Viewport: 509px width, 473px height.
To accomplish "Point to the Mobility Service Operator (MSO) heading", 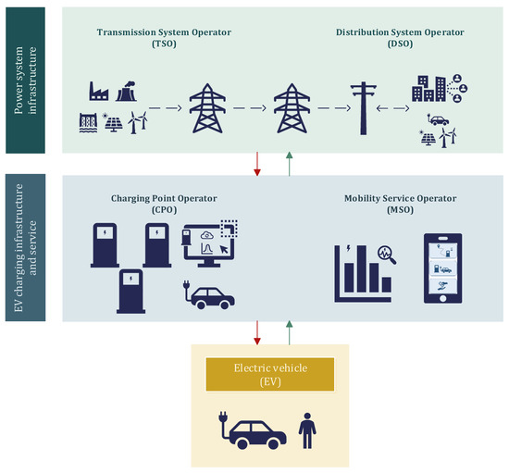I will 401,203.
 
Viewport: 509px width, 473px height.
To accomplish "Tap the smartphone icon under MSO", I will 443,268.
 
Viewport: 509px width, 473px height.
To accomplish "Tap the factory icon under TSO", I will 99,91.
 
